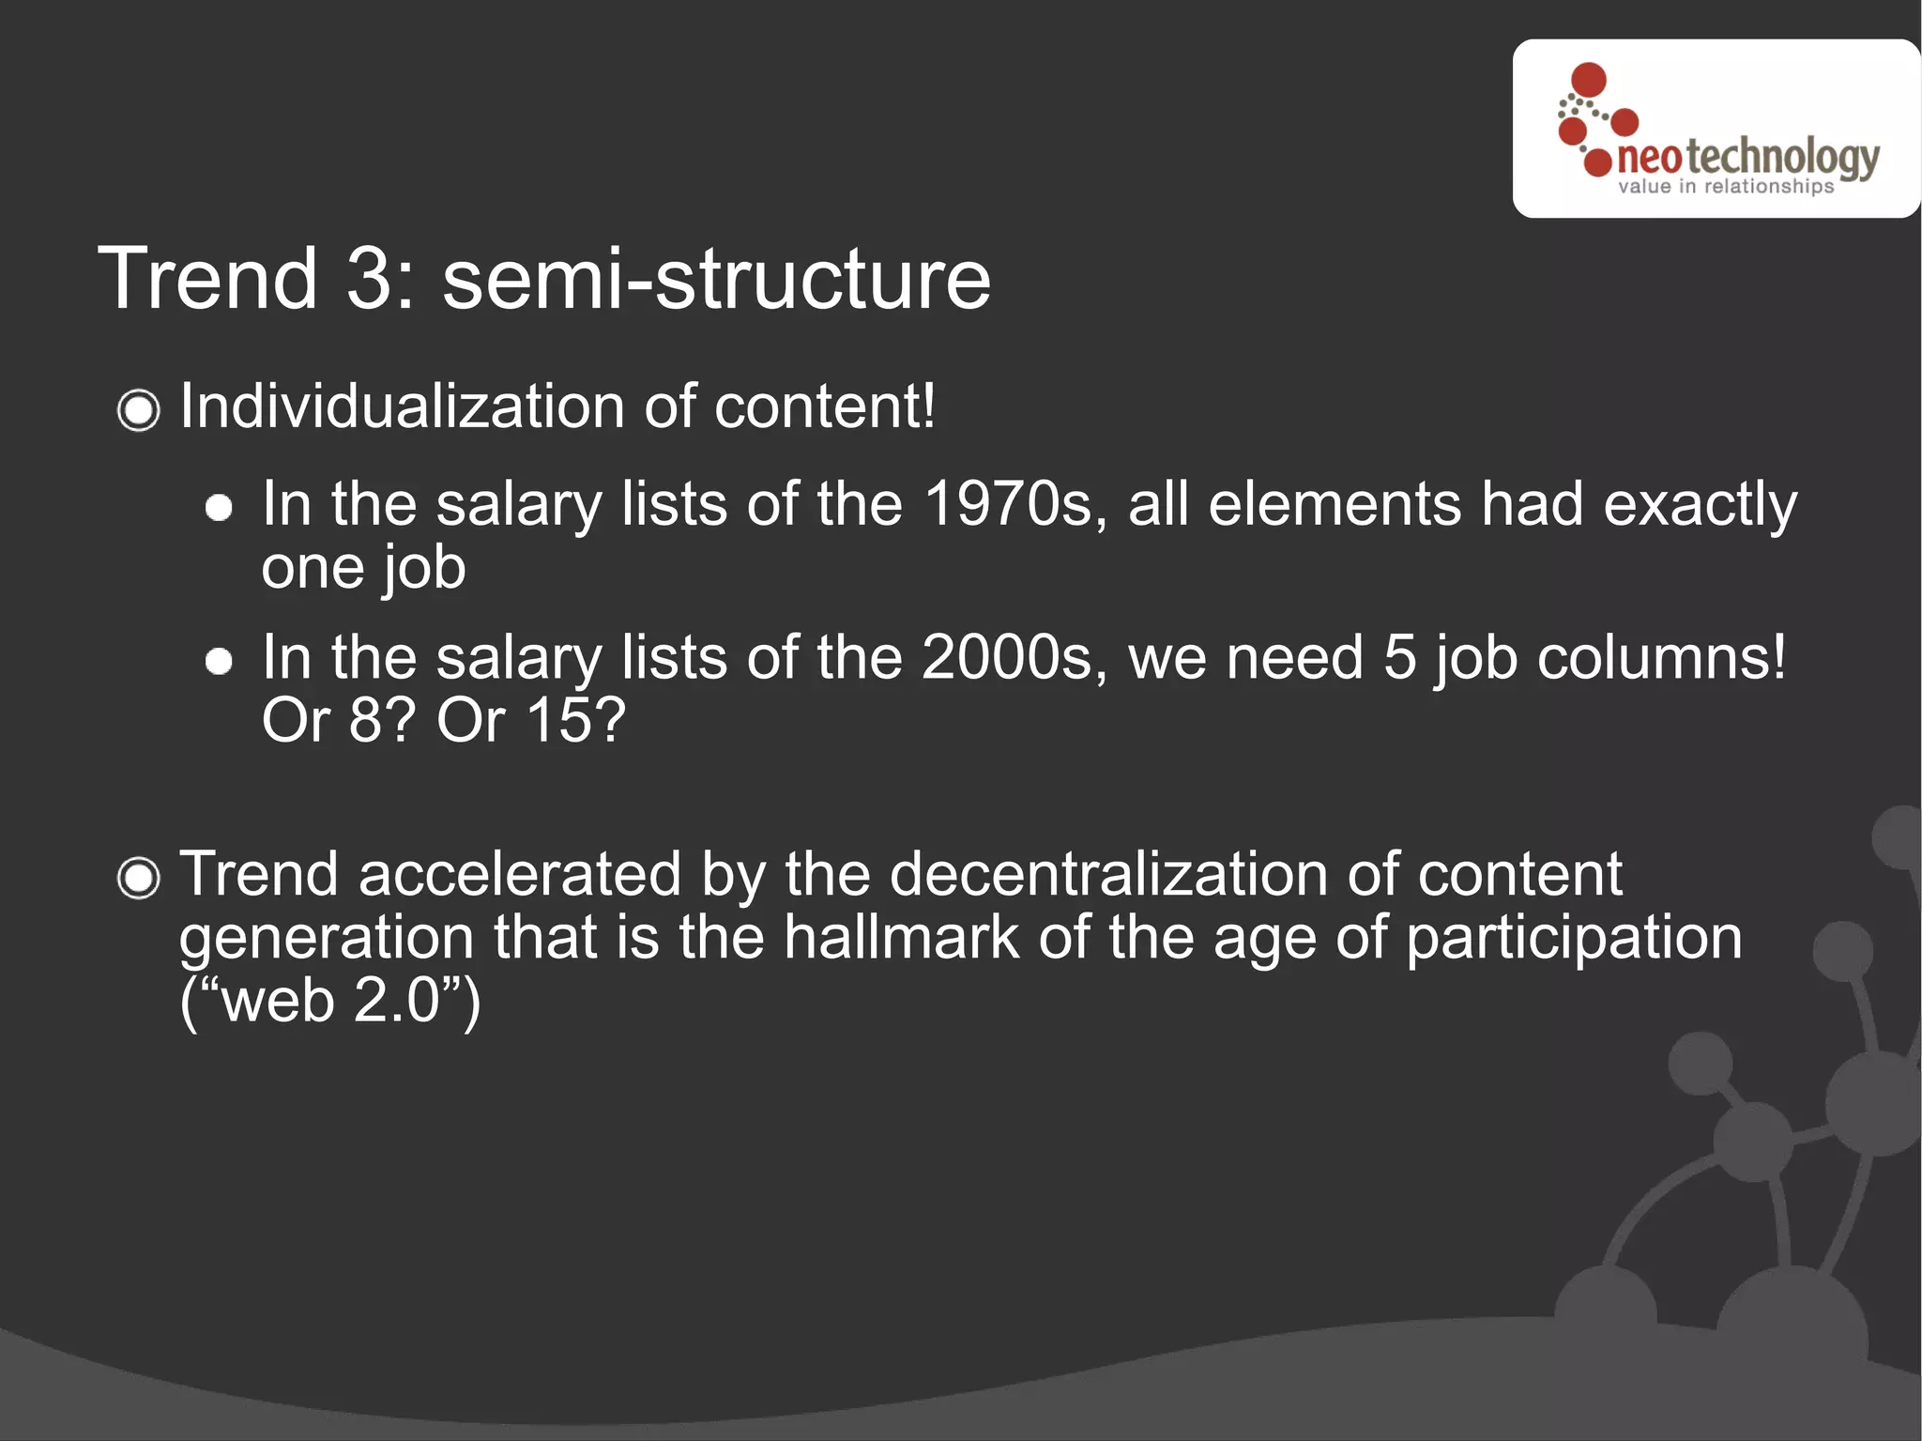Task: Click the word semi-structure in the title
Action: (716, 279)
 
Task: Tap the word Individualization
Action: (402, 407)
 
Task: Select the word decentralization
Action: (1108, 875)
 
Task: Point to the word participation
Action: (1574, 939)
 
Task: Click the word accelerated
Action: (519, 875)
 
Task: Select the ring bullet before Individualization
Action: (139, 410)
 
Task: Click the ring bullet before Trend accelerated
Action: (139, 879)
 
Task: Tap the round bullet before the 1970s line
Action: (219, 508)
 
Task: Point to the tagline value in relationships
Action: (1725, 187)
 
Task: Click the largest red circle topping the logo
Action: (1588, 80)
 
